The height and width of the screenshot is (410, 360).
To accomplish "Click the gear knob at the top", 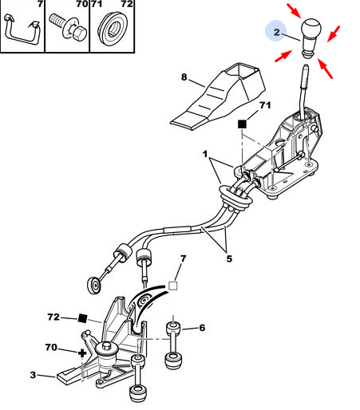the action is coord(311,37).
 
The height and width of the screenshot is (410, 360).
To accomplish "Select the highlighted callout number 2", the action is coord(277,32).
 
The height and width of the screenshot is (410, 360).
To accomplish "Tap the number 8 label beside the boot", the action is coord(184,77).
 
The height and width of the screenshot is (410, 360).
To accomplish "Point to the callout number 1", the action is coord(204,154).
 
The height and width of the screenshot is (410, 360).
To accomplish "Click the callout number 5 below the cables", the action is coord(229,258).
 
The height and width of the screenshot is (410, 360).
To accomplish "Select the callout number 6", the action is coord(202,328).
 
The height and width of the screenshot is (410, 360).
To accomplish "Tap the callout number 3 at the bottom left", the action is coord(33,375).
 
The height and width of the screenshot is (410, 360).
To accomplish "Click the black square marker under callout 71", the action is coord(242,124).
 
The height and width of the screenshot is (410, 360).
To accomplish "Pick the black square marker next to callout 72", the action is coord(83,318).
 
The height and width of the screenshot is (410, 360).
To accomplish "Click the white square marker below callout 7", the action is coord(173,286).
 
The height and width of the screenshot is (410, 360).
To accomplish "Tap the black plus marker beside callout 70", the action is coord(82,353).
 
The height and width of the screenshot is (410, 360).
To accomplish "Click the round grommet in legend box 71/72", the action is coord(113,29).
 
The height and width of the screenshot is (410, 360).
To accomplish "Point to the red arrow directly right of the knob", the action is coord(334,34).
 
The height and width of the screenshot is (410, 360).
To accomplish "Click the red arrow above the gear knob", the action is coord(294,11).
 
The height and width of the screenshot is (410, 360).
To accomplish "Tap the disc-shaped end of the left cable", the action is coord(94,286).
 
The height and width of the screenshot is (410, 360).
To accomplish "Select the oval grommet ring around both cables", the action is coord(235,196).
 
